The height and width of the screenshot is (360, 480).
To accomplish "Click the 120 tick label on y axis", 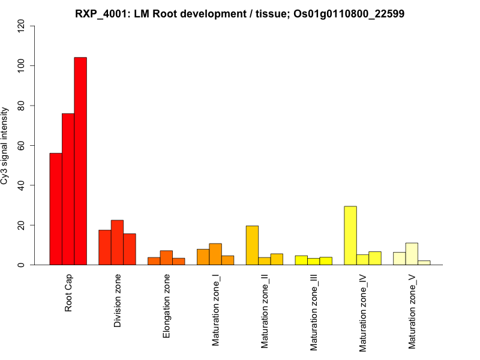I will click(22, 26).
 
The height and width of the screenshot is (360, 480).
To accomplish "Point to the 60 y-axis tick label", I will click(22, 145).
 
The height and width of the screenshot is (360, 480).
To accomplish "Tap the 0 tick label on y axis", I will click(22, 265).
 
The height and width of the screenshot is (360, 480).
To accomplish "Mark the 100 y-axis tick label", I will click(22, 65).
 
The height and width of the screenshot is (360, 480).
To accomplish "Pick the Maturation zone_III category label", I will click(314, 312).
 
